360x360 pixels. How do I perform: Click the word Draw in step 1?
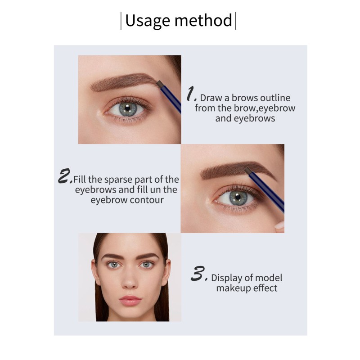coord(210,98)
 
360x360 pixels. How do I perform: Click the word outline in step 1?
coord(274,98)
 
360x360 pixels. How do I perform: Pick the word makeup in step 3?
coord(232,288)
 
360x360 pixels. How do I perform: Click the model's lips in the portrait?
coord(130,299)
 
